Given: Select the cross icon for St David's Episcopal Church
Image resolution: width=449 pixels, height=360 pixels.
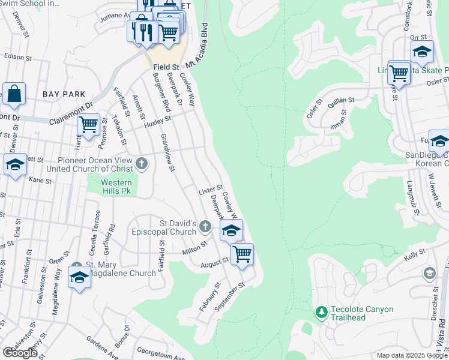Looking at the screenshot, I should (x=205, y=226).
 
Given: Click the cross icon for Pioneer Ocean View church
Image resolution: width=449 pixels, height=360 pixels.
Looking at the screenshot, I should (x=142, y=163).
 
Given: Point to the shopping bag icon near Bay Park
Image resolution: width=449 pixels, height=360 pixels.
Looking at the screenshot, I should (x=14, y=94).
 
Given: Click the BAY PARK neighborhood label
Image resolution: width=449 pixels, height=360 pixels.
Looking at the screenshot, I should (x=64, y=95).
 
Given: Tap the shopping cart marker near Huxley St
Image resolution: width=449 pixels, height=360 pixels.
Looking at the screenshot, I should (x=88, y=125).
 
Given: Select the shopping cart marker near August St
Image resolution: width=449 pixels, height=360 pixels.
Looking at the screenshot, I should (x=242, y=254).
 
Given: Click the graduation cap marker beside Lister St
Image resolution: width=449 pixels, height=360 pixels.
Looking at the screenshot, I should (x=231, y=230).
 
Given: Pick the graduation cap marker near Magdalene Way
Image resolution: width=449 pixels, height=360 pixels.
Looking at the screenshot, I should (x=79, y=278).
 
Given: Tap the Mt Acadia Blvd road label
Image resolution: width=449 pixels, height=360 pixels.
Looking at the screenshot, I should (x=200, y=45).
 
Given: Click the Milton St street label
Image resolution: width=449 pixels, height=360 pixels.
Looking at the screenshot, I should (x=196, y=248).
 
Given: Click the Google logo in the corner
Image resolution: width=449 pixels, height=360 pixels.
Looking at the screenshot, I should (x=20, y=353).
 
